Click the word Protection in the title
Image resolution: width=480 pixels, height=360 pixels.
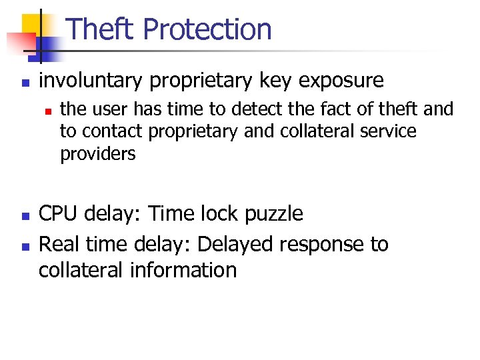click(x=207, y=30)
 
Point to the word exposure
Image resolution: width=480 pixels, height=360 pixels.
click(x=342, y=81)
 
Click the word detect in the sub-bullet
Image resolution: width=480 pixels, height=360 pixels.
click(x=255, y=109)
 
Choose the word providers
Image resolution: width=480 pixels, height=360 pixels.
click(x=97, y=154)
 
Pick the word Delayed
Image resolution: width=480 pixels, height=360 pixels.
click(x=236, y=244)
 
